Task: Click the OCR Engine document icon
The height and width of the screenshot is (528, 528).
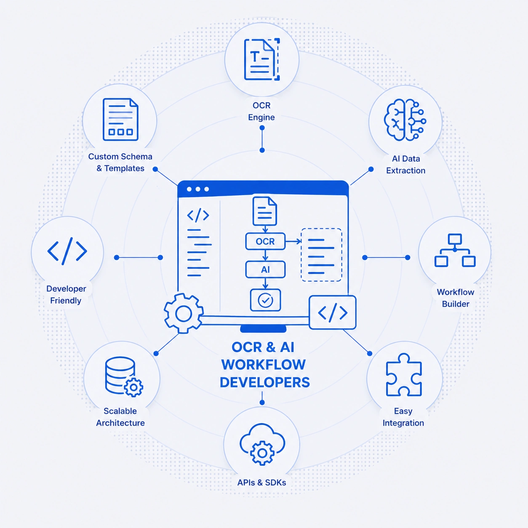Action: [x=261, y=59]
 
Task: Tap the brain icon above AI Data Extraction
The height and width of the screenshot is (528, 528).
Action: [x=405, y=120]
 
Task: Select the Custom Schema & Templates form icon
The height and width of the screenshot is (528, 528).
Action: [x=120, y=120]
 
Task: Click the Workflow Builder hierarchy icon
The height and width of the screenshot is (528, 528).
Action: [x=455, y=250]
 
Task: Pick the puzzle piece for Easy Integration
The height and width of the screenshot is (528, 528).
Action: [x=404, y=375]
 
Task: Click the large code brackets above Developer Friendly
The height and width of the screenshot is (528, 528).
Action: [x=67, y=251]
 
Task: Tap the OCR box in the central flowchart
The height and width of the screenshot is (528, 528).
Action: [x=265, y=241]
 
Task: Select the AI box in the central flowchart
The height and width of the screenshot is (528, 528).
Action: [x=265, y=269]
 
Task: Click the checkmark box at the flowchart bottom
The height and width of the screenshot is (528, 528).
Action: [x=265, y=300]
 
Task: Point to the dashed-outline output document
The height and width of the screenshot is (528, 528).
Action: [x=321, y=255]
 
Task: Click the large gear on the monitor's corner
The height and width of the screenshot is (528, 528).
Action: [x=183, y=313]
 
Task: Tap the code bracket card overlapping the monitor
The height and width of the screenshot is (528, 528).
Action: [x=333, y=312]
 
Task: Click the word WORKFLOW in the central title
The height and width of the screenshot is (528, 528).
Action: [x=263, y=365]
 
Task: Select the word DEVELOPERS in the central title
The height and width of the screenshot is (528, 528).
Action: [x=265, y=382]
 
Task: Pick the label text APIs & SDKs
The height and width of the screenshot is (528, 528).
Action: [x=261, y=483]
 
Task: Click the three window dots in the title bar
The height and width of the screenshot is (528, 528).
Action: [x=198, y=189]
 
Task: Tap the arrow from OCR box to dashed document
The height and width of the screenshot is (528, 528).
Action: [x=293, y=241]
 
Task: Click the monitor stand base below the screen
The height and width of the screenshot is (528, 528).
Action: [x=263, y=329]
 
